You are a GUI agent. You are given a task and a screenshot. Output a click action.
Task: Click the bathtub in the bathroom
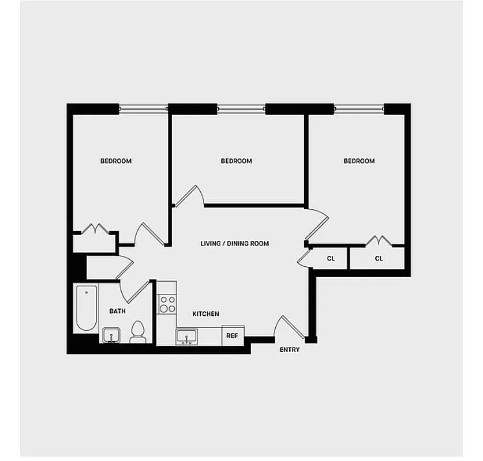[85, 308]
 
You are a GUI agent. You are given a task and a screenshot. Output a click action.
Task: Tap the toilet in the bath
[137, 332]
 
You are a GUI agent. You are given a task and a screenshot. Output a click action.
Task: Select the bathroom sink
[111, 335]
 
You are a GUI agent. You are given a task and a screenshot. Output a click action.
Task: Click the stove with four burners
[167, 304]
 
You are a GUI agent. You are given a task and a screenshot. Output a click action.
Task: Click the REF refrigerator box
[232, 335]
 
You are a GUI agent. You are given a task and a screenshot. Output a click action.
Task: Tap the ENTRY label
[289, 350]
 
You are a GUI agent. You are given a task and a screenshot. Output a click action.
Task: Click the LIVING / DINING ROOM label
[234, 244]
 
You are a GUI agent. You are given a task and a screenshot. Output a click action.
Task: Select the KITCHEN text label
[205, 314]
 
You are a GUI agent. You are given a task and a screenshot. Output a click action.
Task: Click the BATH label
[118, 311]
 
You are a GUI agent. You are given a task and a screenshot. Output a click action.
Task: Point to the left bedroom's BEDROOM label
[116, 161]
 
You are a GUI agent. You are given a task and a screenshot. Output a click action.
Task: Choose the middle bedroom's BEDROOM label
[236, 161]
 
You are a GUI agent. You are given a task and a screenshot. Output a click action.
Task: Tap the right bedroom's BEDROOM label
[359, 161]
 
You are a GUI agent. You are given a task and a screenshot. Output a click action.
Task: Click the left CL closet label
[331, 259]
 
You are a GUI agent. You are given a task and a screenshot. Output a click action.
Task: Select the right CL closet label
[379, 259]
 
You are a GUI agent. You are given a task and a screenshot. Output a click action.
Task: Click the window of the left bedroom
[143, 108]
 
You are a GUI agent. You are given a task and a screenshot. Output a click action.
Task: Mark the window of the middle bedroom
[241, 108]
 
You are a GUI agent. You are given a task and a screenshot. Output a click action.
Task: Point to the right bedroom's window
[359, 108]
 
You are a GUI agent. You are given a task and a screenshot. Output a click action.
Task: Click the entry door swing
[289, 328]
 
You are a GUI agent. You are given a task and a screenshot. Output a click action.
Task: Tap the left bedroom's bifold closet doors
[95, 229]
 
